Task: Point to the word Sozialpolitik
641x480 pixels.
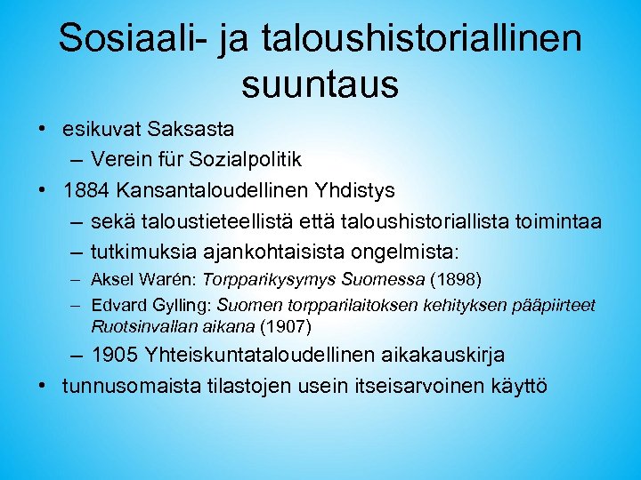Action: (252, 160)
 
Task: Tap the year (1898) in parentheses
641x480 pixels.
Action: (455, 281)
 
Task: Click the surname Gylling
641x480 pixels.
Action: (172, 305)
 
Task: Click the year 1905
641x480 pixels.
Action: (115, 355)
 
